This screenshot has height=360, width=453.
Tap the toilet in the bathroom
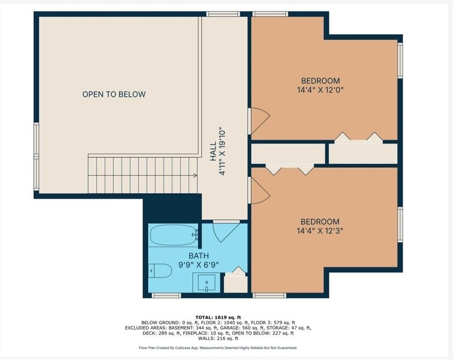pos(160,270)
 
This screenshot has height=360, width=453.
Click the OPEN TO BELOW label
pos(114,94)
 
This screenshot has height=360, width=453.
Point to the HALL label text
pos(213,151)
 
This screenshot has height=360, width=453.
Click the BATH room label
pos(199,256)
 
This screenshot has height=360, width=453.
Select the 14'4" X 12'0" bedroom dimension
pos(320,90)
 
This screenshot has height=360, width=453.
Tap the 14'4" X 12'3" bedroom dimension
pos(320,231)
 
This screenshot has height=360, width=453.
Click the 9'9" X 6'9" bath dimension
pos(199,265)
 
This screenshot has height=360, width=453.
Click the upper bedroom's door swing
pos(260,121)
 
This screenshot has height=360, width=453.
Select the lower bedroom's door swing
pos(260,190)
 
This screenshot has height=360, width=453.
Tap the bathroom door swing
pos(226,233)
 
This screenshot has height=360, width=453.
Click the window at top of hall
pos(223,14)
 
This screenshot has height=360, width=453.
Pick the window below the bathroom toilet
pos(166,295)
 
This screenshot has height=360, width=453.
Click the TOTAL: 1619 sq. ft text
pos(218,317)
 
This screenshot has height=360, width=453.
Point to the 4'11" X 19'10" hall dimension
pos(223,151)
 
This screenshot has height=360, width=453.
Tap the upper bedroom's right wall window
pos(400,60)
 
